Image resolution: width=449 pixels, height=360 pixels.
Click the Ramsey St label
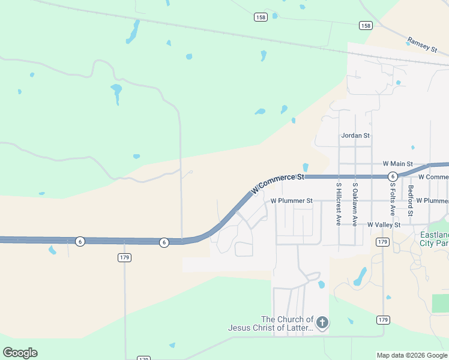(x=423, y=45)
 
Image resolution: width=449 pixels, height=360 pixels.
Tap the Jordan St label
(x=355, y=136)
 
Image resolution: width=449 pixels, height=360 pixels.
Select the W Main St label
(x=397, y=164)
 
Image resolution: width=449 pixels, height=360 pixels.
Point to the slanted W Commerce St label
(x=278, y=182)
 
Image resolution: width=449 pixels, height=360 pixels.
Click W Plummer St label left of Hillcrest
(x=292, y=200)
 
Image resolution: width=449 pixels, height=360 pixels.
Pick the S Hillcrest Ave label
(x=339, y=204)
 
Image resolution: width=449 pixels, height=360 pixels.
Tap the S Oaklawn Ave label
(x=355, y=204)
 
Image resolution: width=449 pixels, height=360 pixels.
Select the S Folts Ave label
(x=392, y=199)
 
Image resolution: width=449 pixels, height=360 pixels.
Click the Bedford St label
(x=411, y=200)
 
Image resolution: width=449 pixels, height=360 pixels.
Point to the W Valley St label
(x=384, y=224)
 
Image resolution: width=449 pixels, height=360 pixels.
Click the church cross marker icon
(x=322, y=323)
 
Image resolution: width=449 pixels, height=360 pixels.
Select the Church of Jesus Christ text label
(x=271, y=323)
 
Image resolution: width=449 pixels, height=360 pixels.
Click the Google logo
(x=20, y=353)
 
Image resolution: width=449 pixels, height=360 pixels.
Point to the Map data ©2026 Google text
(x=411, y=355)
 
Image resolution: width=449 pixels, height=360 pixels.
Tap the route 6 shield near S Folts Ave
(x=392, y=176)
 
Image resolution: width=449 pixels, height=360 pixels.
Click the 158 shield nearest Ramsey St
(x=366, y=25)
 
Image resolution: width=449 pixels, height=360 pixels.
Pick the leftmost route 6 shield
(x=80, y=241)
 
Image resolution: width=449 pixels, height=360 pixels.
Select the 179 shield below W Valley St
(x=382, y=242)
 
